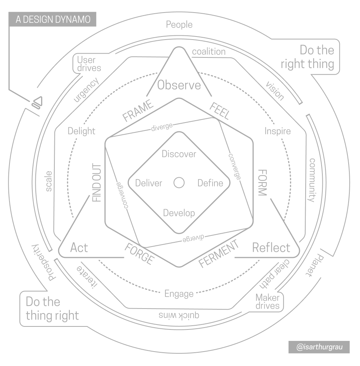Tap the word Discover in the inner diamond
point(179,154)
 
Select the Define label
point(210,183)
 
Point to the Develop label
point(179,213)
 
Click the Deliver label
point(149,183)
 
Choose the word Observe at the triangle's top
point(179,85)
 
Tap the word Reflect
point(271,248)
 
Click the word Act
point(79,248)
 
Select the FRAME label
point(137,110)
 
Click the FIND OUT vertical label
point(97,183)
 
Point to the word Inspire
point(278,131)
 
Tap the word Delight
point(81,131)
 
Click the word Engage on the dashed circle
point(179,294)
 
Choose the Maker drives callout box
point(267,302)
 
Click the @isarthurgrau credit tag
point(319,347)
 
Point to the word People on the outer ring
point(179,25)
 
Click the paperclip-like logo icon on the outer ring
point(37,102)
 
